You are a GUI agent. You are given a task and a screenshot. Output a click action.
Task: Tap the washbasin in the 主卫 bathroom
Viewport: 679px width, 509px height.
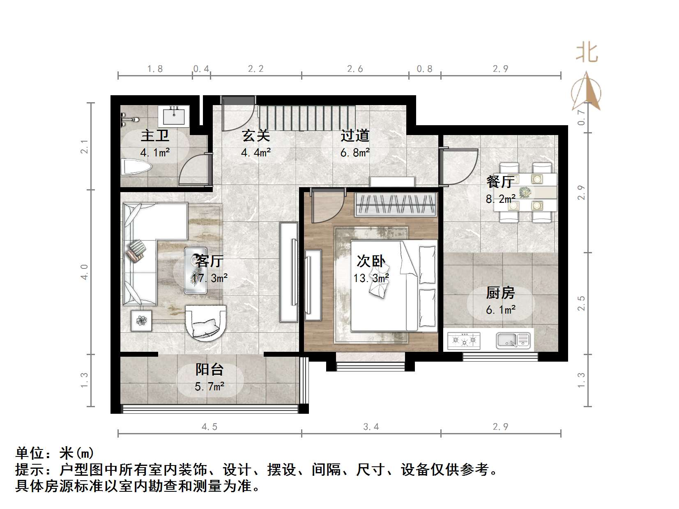click(x=174, y=116)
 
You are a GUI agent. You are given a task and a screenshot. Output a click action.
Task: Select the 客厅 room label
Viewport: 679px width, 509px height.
click(x=209, y=261)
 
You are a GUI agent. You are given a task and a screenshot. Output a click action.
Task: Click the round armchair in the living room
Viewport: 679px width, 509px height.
click(x=205, y=322)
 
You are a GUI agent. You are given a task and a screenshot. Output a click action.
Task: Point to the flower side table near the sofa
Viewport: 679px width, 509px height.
click(x=141, y=321)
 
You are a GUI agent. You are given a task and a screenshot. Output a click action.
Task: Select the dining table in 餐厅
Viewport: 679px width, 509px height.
click(x=525, y=192)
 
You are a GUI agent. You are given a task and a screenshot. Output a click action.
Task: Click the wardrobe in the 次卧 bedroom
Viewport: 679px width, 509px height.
click(x=396, y=204)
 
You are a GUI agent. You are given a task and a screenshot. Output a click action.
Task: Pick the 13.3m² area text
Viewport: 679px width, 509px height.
click(x=371, y=278)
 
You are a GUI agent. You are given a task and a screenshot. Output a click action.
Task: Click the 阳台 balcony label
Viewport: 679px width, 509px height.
click(x=209, y=369)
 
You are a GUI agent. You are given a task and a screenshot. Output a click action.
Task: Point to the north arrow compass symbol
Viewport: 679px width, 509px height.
click(x=586, y=92)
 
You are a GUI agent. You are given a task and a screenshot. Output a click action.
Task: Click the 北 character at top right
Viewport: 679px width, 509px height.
click(x=587, y=53)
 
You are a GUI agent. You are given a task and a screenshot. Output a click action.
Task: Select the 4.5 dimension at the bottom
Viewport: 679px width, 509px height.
click(x=209, y=427)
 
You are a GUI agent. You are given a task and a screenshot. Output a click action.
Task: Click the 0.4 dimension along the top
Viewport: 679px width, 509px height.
click(x=201, y=69)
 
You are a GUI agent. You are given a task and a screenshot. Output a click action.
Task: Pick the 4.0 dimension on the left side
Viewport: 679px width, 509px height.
click(x=84, y=272)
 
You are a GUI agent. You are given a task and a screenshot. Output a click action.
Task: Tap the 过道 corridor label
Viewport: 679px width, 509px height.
click(x=355, y=135)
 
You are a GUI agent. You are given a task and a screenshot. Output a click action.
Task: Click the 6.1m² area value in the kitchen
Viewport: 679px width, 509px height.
click(x=500, y=310)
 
